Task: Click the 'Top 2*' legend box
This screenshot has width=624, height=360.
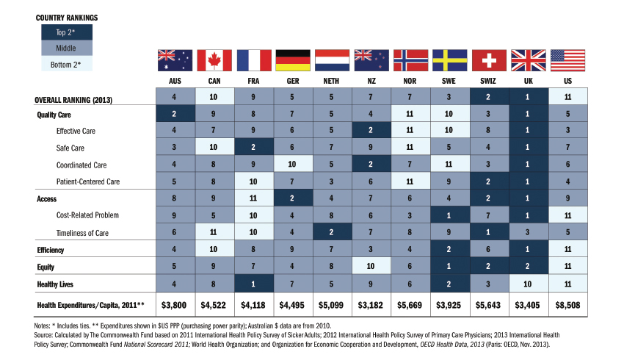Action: [56, 32]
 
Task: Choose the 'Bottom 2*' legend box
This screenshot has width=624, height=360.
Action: [56, 65]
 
